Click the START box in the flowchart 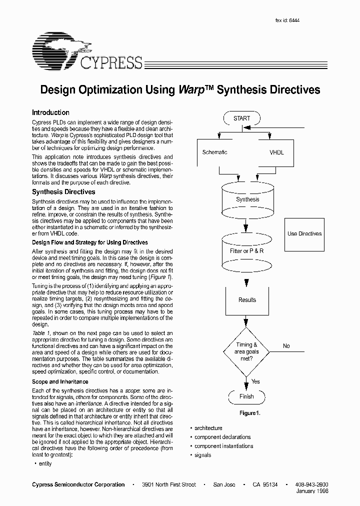tap(242, 118)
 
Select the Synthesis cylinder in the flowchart tap(247, 199)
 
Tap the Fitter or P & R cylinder tap(246, 251)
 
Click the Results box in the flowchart tap(247, 300)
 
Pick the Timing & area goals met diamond tap(247, 351)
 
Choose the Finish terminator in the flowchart tap(246, 396)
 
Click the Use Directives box tap(304, 233)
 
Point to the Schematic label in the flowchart tap(214, 152)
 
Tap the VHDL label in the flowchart tap(276, 152)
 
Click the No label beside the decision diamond tap(286, 346)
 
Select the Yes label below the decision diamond tap(255, 381)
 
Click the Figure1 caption tap(250, 413)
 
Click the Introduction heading tap(50, 113)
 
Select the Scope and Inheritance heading tap(60, 381)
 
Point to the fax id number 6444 tap(294, 20)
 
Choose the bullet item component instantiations tap(223, 446)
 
